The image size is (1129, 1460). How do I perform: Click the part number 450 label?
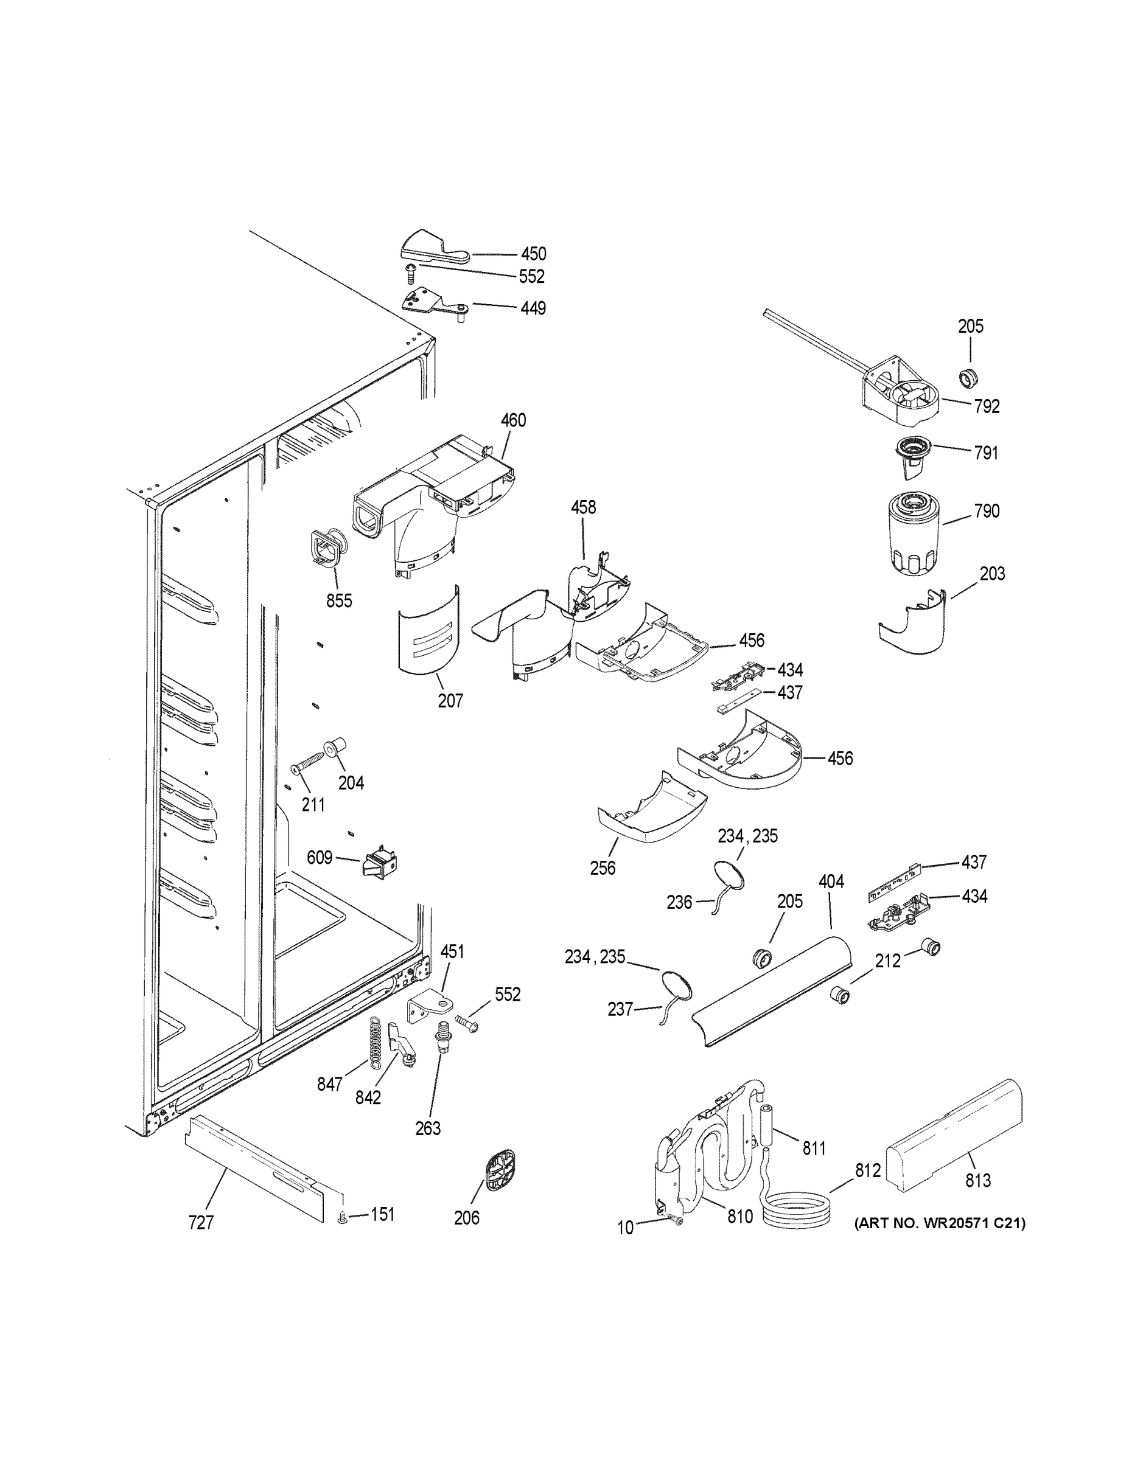534,254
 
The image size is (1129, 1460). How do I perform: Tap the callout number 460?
514,420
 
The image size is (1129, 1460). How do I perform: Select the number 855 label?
339,600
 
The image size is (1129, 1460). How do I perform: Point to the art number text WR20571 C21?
939,1223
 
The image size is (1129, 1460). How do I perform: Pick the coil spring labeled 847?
379,1041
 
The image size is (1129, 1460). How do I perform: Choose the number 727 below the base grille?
201,1223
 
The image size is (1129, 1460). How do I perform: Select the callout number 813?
978,1180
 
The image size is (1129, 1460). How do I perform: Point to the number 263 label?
428,1128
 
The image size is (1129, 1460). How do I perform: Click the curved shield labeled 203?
915,622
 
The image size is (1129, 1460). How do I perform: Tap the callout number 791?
986,453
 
